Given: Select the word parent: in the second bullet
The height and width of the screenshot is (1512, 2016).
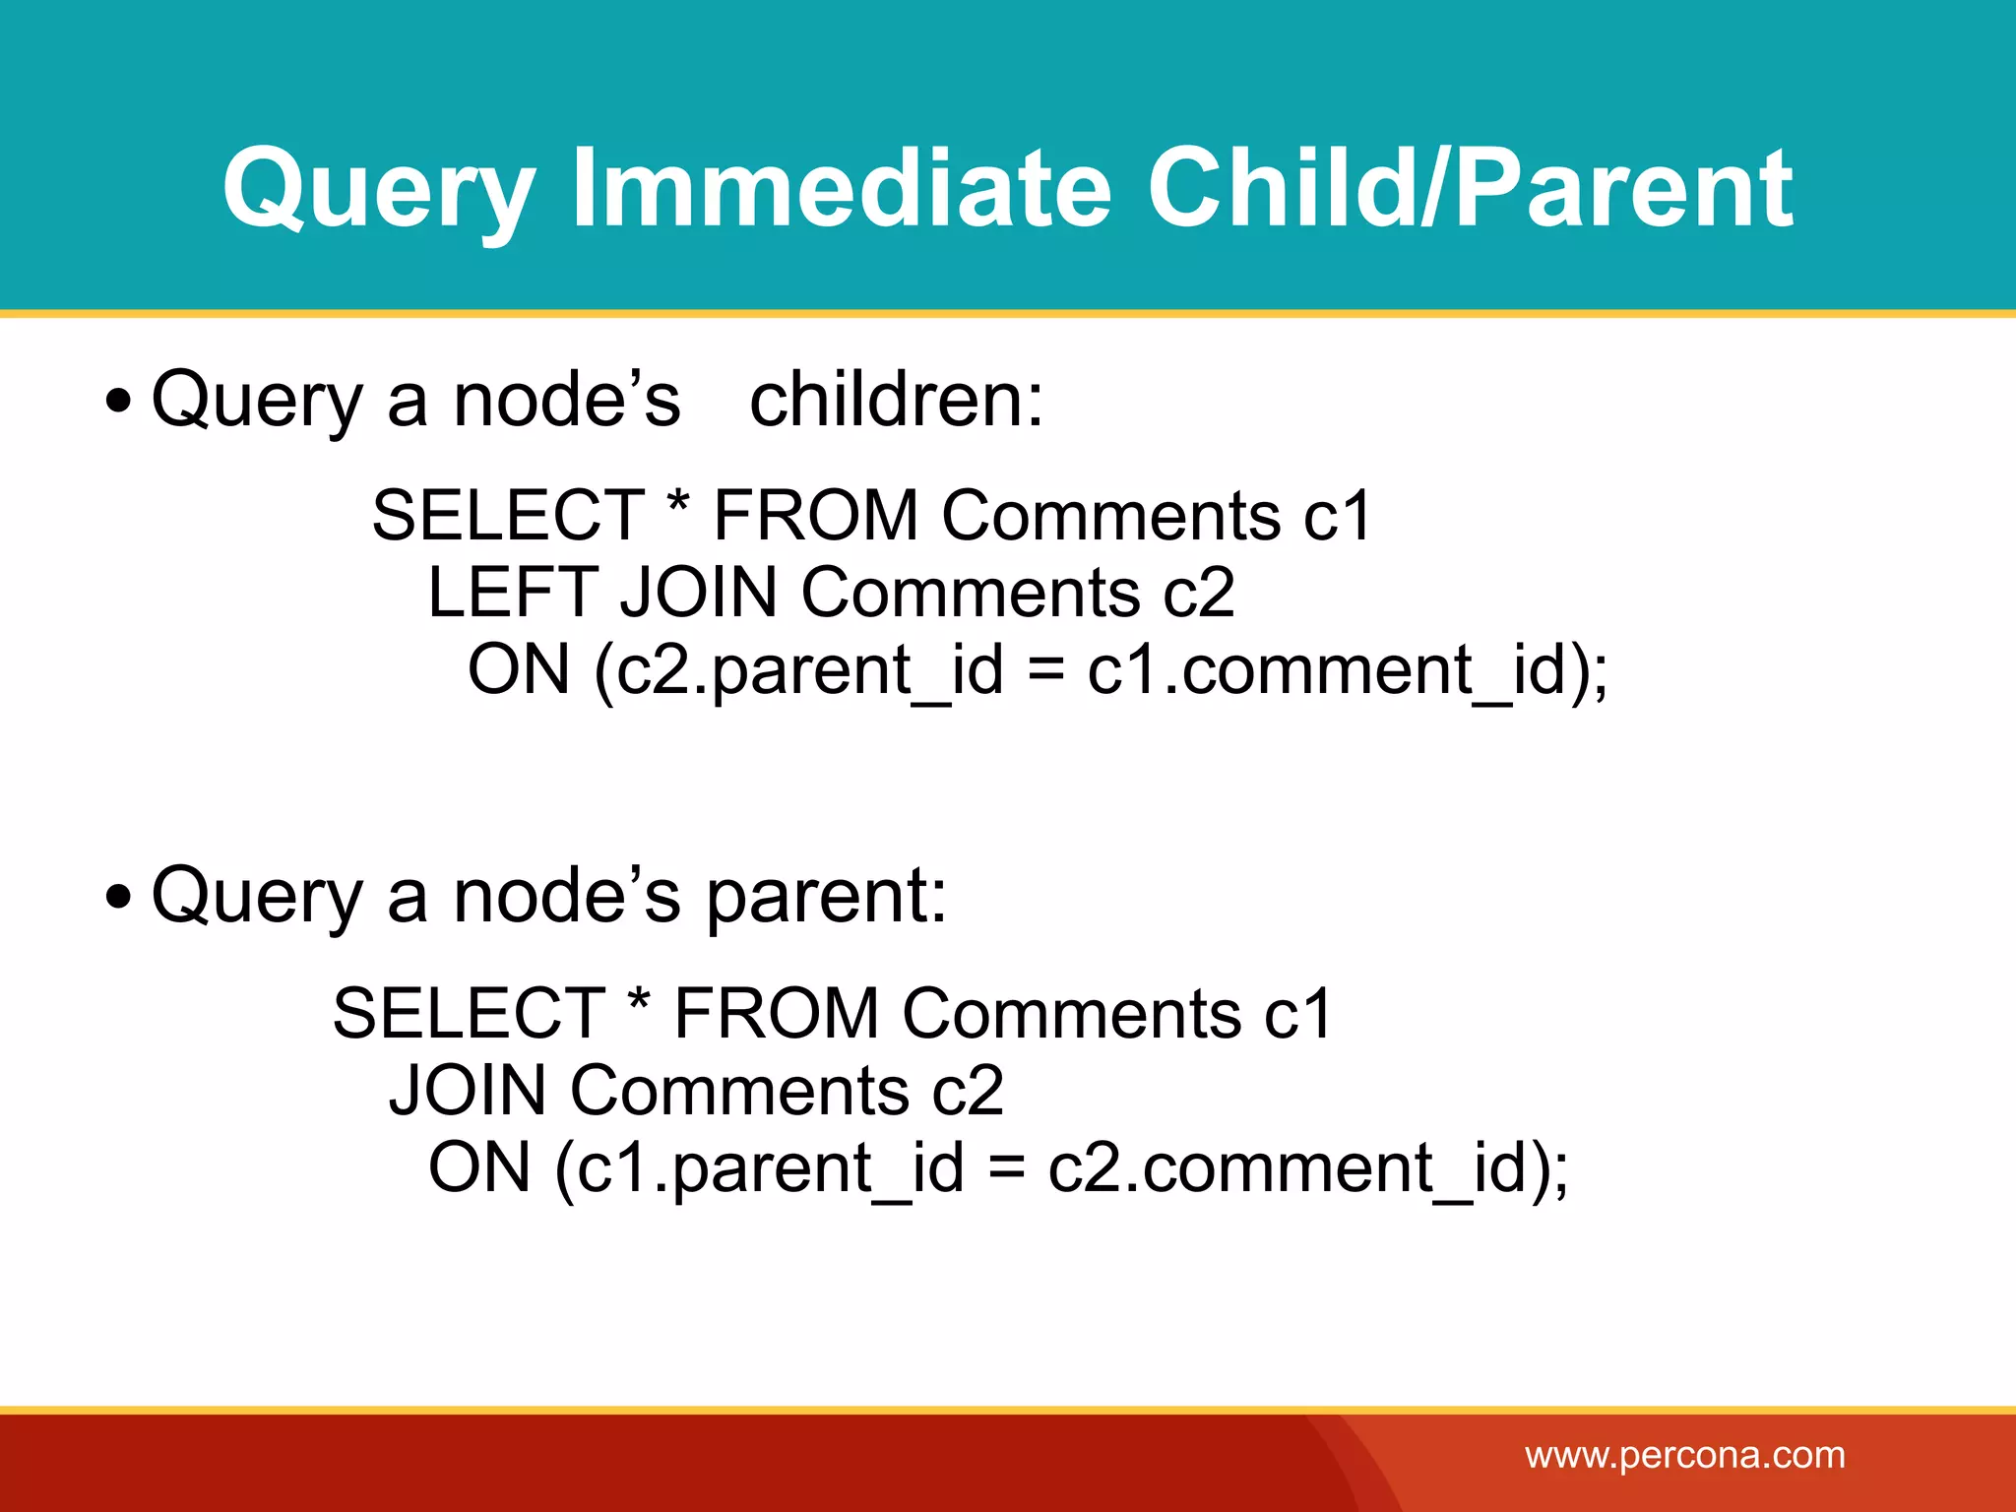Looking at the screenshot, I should click(826, 896).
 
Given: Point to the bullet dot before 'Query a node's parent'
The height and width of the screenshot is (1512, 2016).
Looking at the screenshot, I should click(118, 898).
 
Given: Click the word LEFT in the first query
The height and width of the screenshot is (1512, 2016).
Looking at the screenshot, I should click(512, 593).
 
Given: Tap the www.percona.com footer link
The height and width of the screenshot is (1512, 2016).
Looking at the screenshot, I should click(1684, 1455).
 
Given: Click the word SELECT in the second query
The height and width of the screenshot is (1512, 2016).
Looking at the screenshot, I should click(469, 1014).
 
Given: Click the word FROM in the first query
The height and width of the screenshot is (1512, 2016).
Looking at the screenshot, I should click(815, 516).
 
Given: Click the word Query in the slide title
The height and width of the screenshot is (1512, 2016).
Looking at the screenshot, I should click(379, 189).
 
